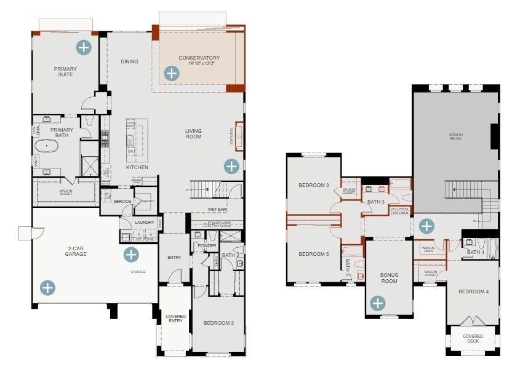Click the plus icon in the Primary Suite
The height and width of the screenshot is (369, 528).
[83, 47]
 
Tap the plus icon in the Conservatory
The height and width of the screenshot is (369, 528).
[171, 74]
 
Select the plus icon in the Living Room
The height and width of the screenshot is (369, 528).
[231, 166]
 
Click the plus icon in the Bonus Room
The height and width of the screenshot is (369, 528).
[377, 303]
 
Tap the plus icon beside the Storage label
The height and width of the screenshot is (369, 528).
[131, 255]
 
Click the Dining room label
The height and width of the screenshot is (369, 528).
[129, 61]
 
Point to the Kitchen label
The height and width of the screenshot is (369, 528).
[137, 167]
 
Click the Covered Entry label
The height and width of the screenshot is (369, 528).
[175, 319]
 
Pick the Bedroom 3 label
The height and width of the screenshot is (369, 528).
[314, 185]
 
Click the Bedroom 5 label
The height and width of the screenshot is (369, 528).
[314, 254]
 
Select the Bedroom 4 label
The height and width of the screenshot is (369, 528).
[473, 291]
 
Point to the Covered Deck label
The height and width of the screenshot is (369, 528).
[473, 339]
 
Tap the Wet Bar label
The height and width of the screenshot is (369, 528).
[217, 210]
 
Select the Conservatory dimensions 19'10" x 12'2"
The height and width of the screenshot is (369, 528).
[199, 64]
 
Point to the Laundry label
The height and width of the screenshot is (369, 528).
[145, 223]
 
